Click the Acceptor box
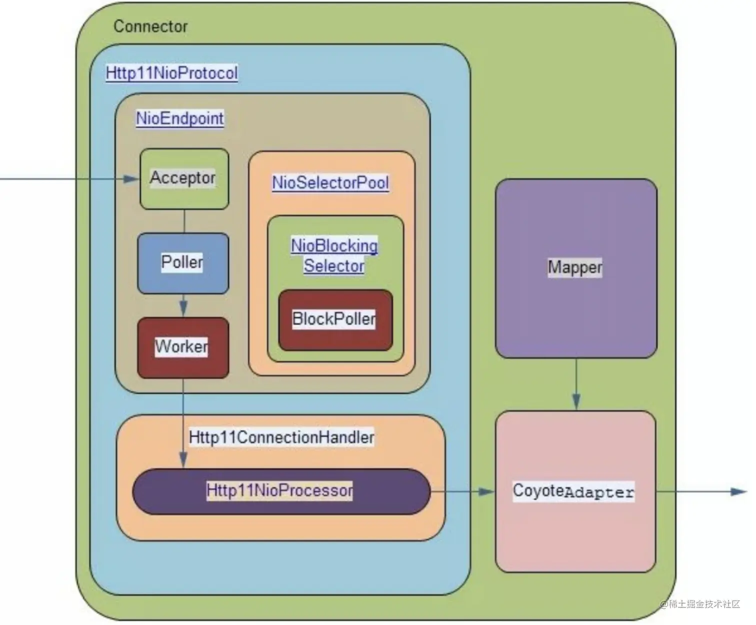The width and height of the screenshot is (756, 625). [x=183, y=179]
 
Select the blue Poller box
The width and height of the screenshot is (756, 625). [x=182, y=263]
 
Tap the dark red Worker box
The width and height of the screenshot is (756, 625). [x=182, y=347]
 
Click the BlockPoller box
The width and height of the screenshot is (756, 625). [x=334, y=319]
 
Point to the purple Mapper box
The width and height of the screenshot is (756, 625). [x=575, y=268]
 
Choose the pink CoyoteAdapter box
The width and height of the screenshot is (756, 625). [x=575, y=491]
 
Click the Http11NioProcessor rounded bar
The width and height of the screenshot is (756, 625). [x=280, y=491]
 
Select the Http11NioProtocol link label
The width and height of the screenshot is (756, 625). [x=171, y=73]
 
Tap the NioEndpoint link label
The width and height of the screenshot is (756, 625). [x=180, y=119]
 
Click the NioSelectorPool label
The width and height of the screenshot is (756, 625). [x=330, y=183]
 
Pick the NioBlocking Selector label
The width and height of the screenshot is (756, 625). [x=334, y=255]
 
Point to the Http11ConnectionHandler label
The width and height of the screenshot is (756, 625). [x=281, y=437]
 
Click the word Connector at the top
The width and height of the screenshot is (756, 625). [x=150, y=26]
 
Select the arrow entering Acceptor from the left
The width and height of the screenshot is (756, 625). [x=70, y=179]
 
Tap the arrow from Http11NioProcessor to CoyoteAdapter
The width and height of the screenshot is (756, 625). [x=462, y=491]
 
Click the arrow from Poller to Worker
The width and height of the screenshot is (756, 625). [x=183, y=305]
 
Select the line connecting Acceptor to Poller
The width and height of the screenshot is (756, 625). [x=184, y=221]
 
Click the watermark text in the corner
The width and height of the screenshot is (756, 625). [x=699, y=604]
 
